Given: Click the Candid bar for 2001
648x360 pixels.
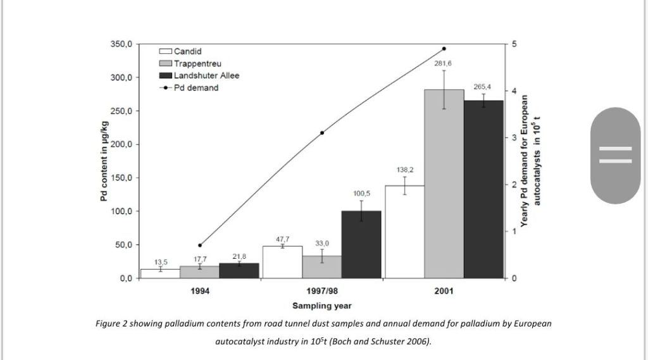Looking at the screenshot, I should pos(404,232).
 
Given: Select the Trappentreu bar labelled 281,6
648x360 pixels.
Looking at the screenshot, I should pos(444,183).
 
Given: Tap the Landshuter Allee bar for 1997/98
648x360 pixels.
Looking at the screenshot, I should pos(361,244).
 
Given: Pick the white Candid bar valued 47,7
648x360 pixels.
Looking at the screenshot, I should pos(282,262).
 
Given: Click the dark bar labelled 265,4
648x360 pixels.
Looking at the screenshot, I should pos(483,189).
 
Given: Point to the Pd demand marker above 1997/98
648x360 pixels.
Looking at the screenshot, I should pos(322,133).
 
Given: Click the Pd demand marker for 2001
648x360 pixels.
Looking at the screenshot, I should pos(444,49).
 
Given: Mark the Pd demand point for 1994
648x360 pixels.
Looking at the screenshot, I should pos(200,245).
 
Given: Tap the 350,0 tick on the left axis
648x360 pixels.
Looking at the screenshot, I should pos(121,44).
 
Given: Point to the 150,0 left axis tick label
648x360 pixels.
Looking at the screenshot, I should pos(121,178).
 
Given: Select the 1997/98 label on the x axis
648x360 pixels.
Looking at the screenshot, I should pos(322,292).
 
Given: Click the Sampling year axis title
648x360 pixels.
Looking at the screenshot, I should pos(322,306).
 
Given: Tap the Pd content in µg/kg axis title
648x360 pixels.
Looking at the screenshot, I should pos(103,162).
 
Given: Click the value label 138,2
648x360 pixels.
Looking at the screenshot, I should pos(405,170).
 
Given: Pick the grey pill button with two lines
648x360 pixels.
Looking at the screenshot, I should pos(615,155).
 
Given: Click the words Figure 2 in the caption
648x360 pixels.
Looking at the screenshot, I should pos(110,324).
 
